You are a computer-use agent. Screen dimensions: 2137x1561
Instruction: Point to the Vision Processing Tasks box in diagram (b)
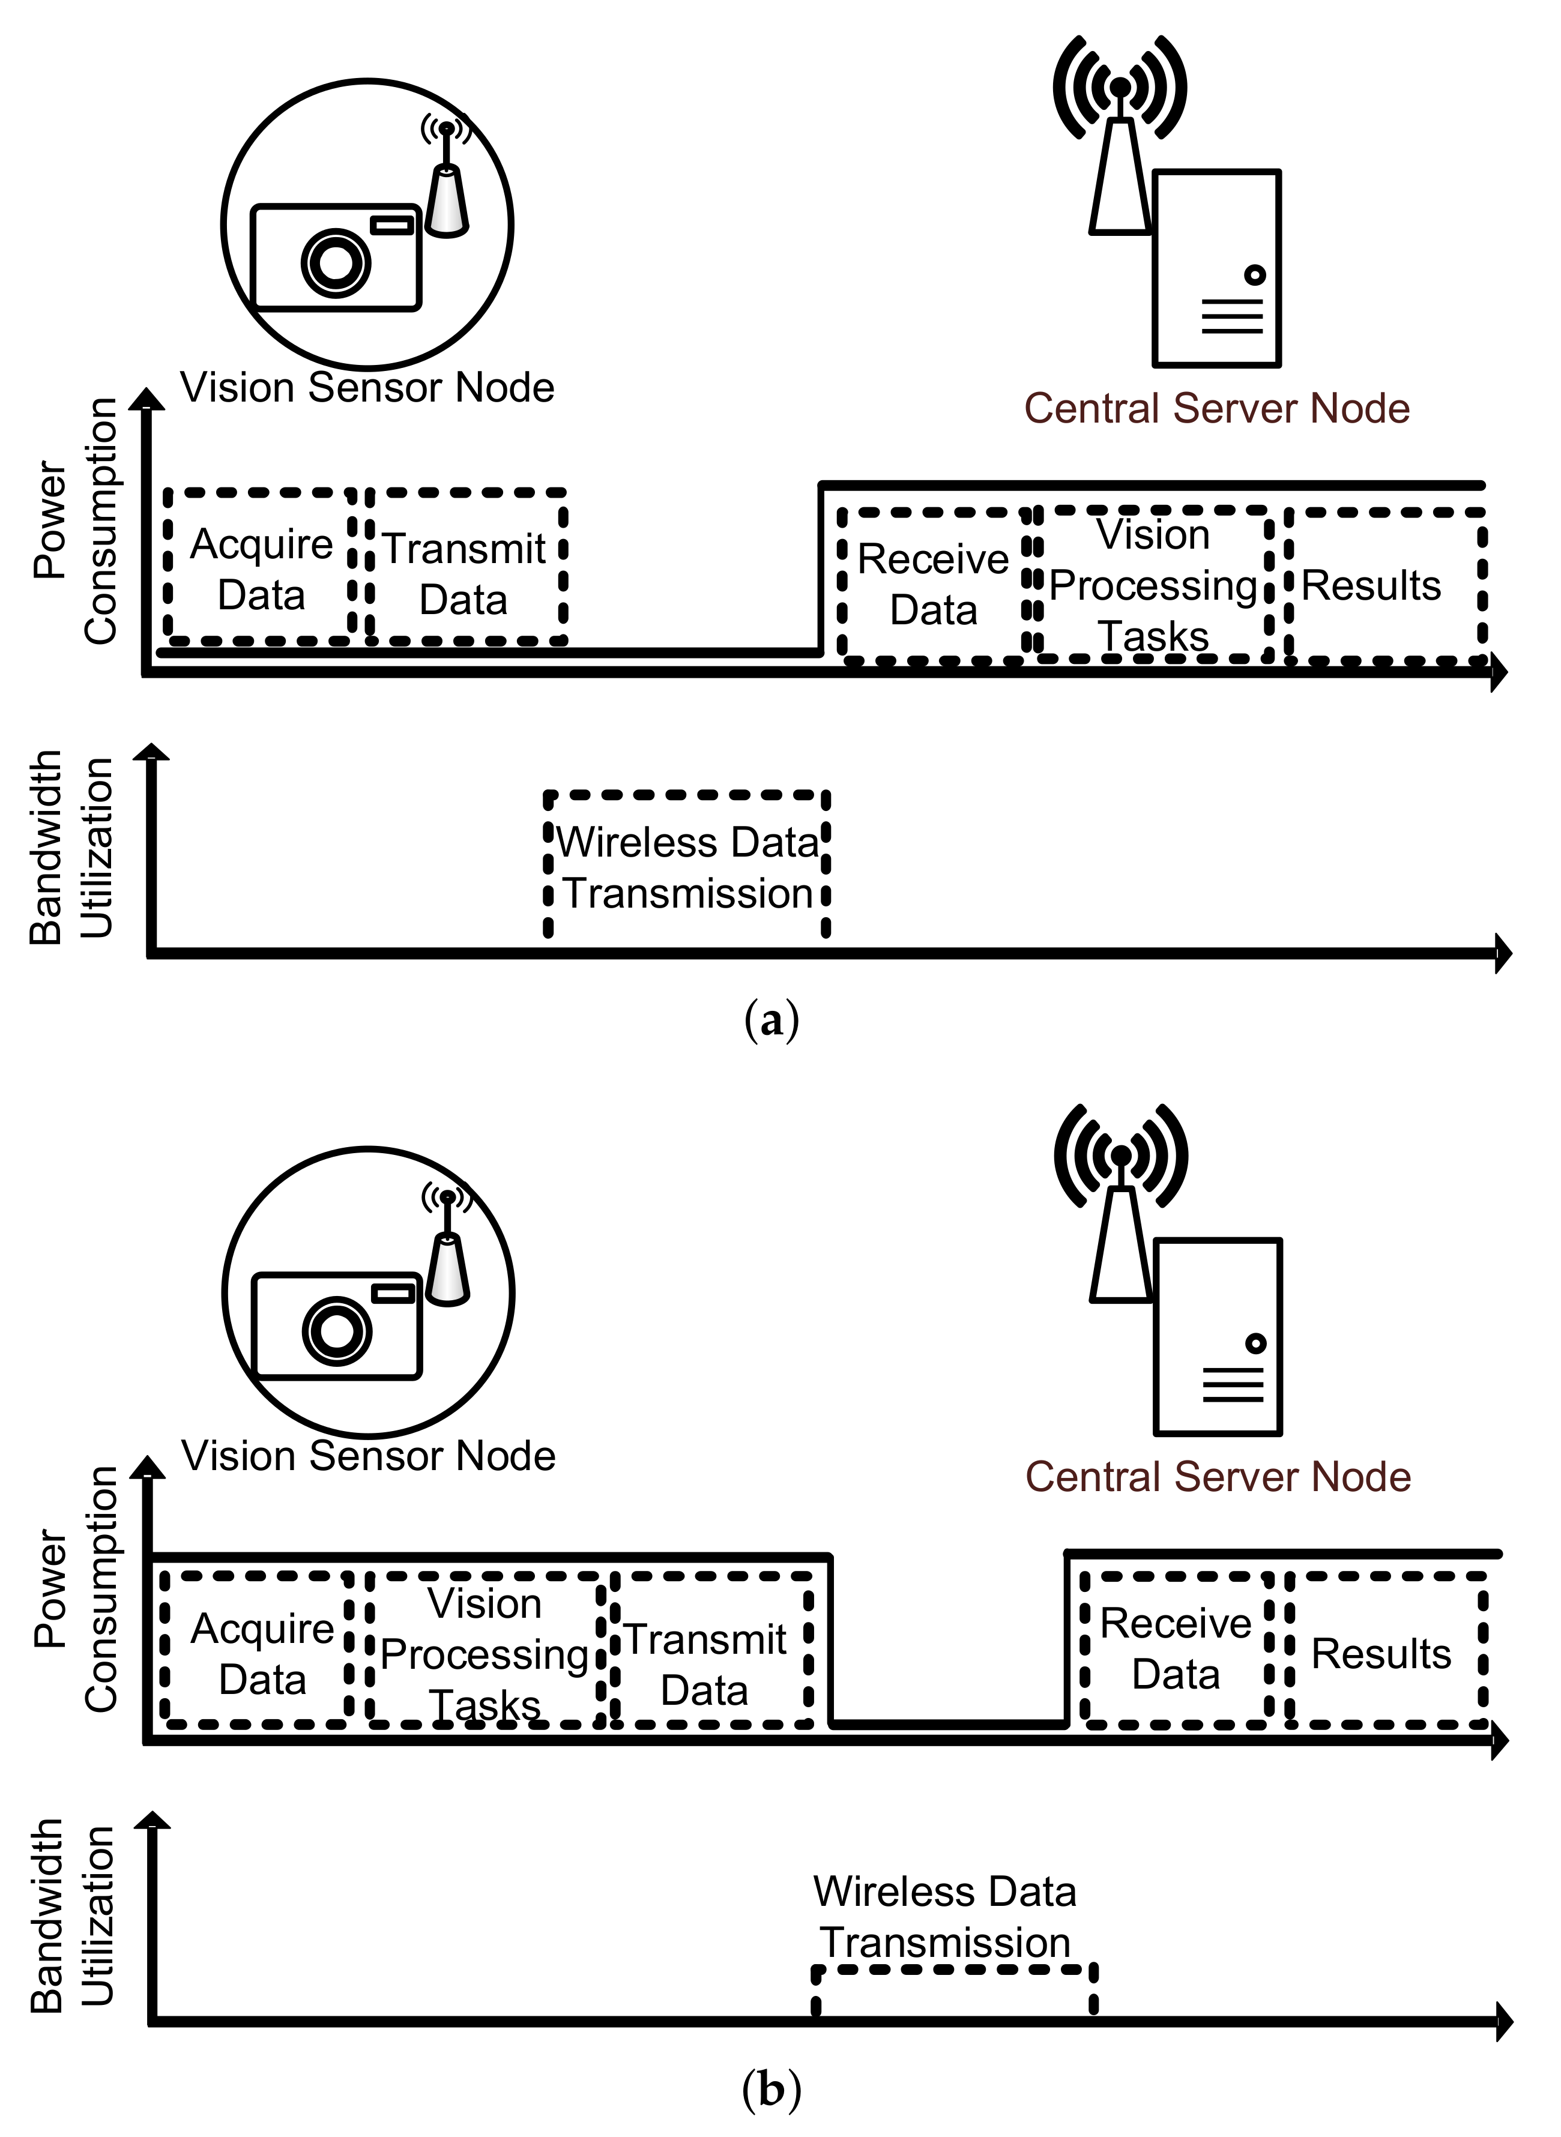(485, 1653)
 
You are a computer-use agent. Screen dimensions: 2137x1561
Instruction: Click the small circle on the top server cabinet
(1255, 276)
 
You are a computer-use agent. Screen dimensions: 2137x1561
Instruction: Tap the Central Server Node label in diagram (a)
(1217, 408)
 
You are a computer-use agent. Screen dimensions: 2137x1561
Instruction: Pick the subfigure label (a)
(772, 1021)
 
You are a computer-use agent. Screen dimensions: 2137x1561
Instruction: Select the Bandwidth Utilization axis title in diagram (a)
(71, 848)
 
